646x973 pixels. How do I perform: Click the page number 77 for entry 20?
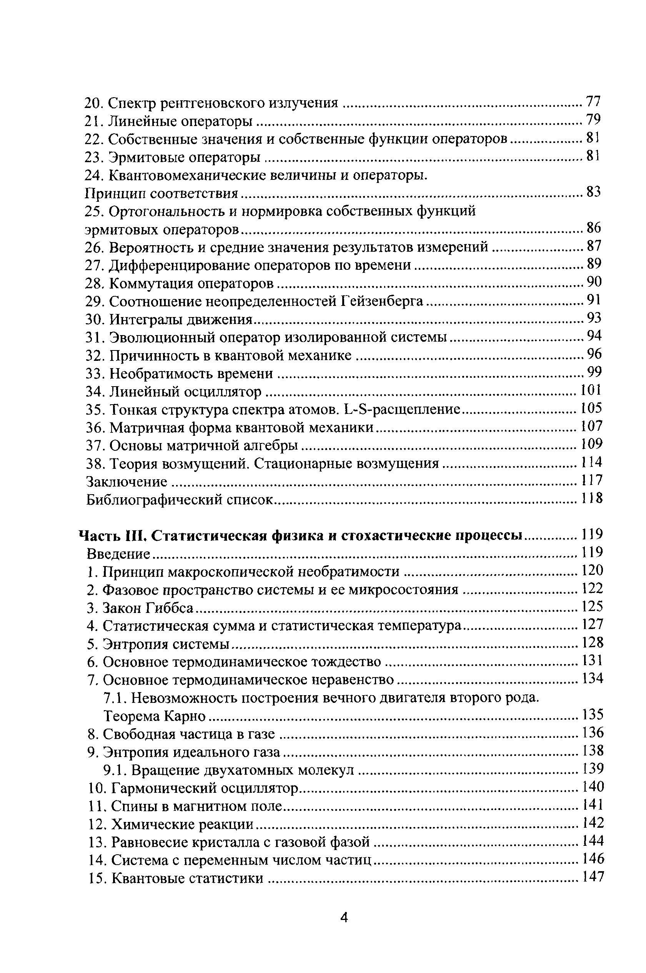[593, 101]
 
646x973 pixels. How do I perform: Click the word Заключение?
[127, 482]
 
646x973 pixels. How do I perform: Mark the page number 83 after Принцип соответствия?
[593, 192]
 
